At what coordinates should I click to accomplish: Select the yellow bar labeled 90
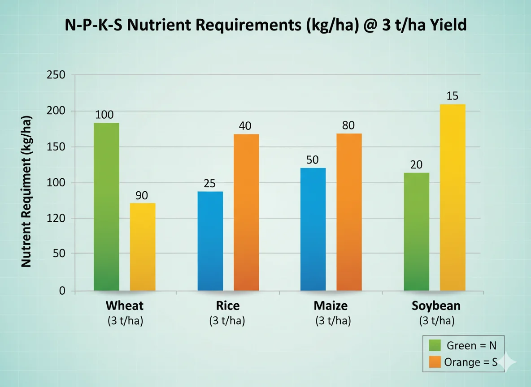[x=143, y=247]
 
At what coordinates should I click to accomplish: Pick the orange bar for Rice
[x=246, y=212]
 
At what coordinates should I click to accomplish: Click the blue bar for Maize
[x=313, y=229]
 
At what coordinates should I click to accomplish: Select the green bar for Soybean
[x=416, y=232]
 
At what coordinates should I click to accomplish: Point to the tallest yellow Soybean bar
[x=453, y=198]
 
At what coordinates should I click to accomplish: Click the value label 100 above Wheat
[x=104, y=114]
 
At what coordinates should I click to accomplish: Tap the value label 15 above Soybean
[x=453, y=96]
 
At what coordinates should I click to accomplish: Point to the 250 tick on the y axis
[x=56, y=75]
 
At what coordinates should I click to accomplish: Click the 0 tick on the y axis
[x=62, y=291]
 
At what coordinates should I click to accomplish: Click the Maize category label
[x=331, y=306]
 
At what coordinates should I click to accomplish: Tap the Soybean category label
[x=436, y=306]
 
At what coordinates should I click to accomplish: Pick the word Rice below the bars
[x=227, y=306]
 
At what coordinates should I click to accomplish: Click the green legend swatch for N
[x=435, y=346]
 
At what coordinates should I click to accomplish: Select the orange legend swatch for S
[x=435, y=362]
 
